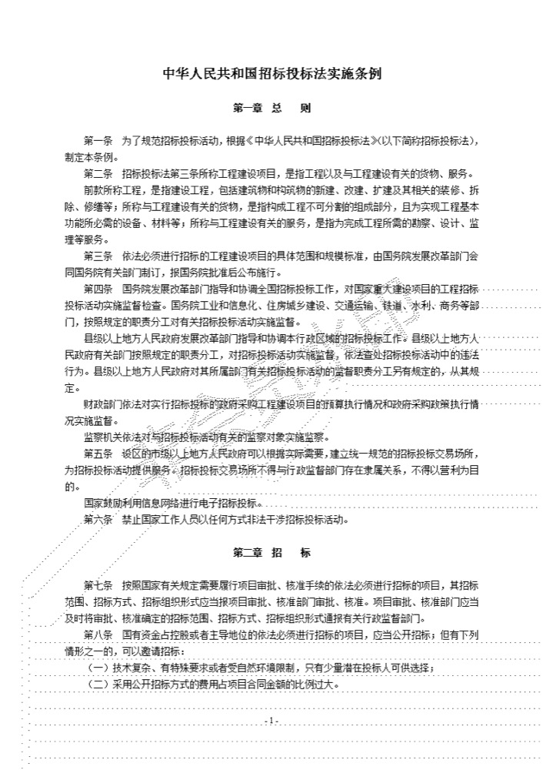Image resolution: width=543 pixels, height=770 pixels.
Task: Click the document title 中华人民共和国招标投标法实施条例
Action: tap(271, 75)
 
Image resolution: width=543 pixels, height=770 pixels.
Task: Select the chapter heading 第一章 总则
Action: tap(271, 109)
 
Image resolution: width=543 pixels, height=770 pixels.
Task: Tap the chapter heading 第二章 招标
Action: tap(271, 553)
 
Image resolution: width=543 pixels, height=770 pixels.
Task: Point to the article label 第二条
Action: tap(98, 172)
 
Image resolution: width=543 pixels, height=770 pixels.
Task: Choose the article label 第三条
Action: tap(98, 256)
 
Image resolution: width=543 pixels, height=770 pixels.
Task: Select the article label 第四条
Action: tap(98, 290)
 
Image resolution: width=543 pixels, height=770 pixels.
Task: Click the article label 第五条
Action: tap(98, 453)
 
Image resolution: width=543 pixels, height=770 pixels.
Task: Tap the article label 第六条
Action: tap(98, 519)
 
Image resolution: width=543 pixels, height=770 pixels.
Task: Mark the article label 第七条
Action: tap(98, 585)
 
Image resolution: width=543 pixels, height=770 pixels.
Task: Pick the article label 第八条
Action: tap(98, 635)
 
